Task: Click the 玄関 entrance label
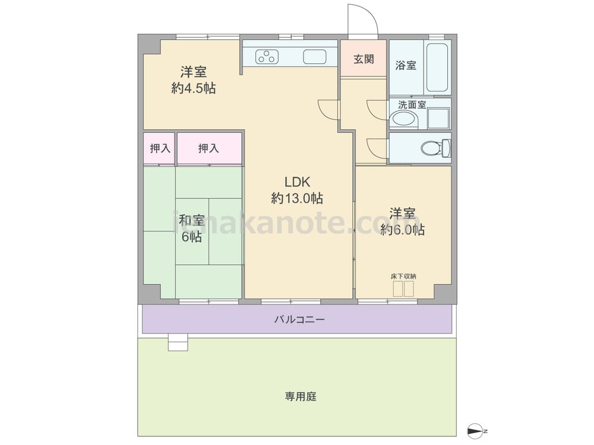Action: pyautogui.click(x=364, y=59)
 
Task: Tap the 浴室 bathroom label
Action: pyautogui.click(x=406, y=65)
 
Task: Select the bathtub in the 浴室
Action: pyautogui.click(x=437, y=68)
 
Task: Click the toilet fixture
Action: pyautogui.click(x=435, y=148)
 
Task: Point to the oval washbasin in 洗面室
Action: pyautogui.click(x=404, y=119)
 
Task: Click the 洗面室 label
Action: pyautogui.click(x=412, y=104)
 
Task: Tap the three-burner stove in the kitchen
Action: pyautogui.click(x=267, y=57)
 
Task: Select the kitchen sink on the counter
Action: pyautogui.click(x=314, y=57)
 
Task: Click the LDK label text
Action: pyautogui.click(x=297, y=182)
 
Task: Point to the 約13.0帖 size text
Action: pyautogui.click(x=297, y=198)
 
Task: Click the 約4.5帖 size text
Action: pyautogui.click(x=194, y=88)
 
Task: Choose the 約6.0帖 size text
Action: pyautogui.click(x=402, y=230)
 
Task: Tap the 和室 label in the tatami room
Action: pyautogui.click(x=192, y=220)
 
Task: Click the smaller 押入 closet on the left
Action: pyautogui.click(x=160, y=148)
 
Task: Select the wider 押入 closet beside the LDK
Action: pyautogui.click(x=208, y=148)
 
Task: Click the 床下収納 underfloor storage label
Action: pyautogui.click(x=403, y=276)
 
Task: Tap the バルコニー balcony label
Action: pyautogui.click(x=299, y=320)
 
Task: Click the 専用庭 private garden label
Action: pyautogui.click(x=301, y=396)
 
